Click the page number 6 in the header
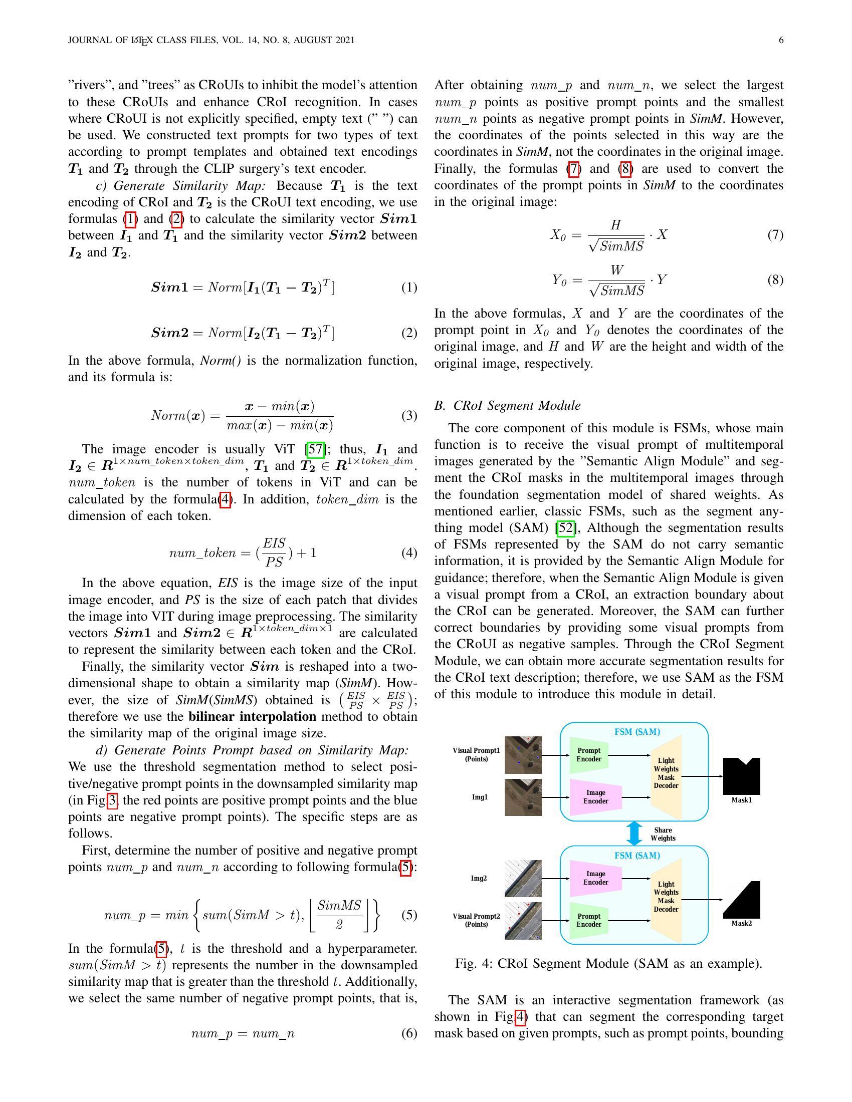pyautogui.click(x=781, y=41)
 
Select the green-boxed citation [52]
pyautogui.click(x=565, y=528)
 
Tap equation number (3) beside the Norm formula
pyautogui.click(x=409, y=416)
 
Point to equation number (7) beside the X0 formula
pyautogui.click(x=775, y=234)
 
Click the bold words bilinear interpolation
pyautogui.click(x=253, y=716)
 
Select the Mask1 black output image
pyautogui.click(x=741, y=776)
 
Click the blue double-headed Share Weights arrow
pyautogui.click(x=634, y=834)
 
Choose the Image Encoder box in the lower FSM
pyautogui.click(x=595, y=878)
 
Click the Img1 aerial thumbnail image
pyautogui.click(x=523, y=797)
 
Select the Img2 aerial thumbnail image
pyautogui.click(x=523, y=879)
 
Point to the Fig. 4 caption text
pyautogui.click(x=608, y=964)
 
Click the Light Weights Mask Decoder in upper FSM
pyautogui.click(x=666, y=773)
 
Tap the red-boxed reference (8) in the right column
pyautogui.click(x=625, y=168)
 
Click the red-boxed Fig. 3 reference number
pyautogui.click(x=112, y=801)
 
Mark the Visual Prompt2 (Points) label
pyautogui.click(x=476, y=920)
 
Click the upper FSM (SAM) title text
pyautogui.click(x=637, y=732)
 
